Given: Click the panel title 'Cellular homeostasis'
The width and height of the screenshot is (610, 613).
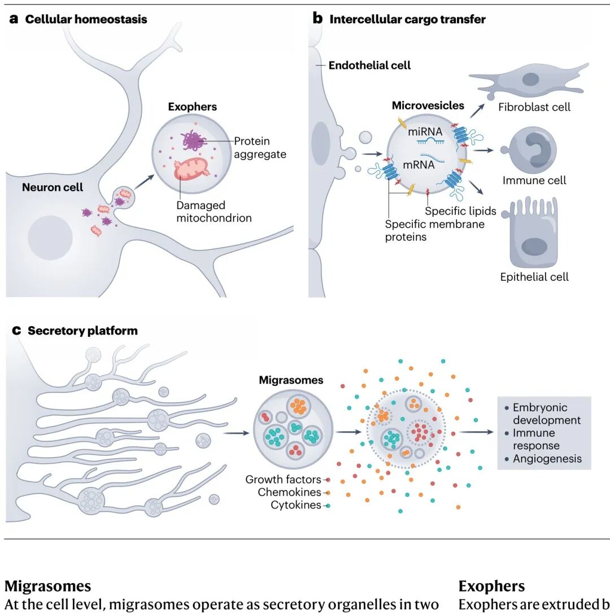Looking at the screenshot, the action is point(86,19).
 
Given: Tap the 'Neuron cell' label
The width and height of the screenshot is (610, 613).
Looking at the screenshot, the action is point(53,187).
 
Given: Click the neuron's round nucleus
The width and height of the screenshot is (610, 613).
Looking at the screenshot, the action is point(50,238).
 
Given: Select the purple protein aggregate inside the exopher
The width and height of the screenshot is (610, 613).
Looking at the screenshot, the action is point(193,141).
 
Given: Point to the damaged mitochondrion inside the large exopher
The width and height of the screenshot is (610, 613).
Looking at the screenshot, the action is point(192,169).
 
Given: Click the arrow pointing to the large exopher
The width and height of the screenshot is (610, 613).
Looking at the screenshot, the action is point(144,182).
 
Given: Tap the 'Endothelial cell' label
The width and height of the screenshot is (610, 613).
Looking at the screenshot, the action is point(369,66).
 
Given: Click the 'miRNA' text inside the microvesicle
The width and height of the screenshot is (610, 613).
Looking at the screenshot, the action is point(425,132).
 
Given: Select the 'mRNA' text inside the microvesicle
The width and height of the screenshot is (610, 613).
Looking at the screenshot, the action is point(419,164).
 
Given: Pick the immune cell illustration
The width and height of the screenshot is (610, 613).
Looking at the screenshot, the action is point(529,150).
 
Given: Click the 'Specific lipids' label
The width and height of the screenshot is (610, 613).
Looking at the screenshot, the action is point(460,211).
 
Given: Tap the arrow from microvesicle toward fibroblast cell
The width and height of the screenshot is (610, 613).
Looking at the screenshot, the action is point(477,111).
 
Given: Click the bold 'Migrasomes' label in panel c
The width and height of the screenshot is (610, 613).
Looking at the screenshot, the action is point(291,380).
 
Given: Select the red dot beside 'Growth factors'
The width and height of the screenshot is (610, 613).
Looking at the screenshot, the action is point(328,480).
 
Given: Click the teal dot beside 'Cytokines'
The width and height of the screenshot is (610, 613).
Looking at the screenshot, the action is point(328,506).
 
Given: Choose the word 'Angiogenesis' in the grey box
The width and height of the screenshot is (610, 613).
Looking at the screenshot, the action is point(547,459).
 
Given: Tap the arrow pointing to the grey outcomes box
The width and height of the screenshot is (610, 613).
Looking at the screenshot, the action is point(476,432).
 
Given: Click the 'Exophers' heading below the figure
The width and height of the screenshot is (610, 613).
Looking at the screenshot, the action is point(491,586).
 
